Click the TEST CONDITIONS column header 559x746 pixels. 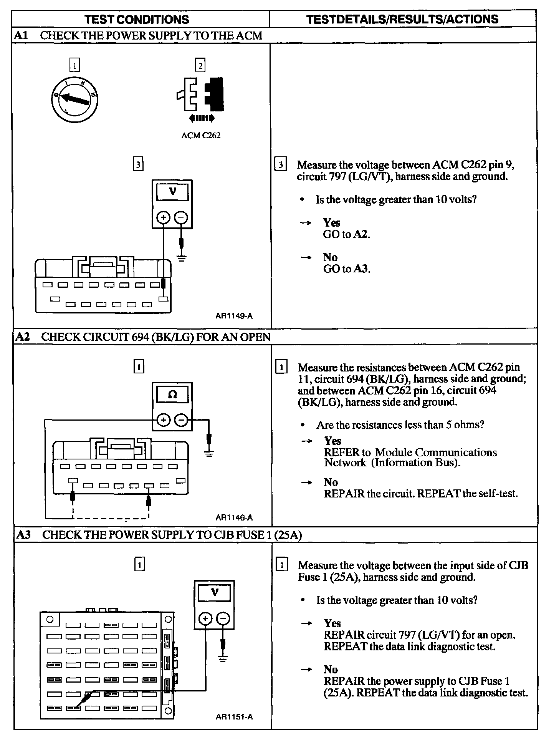click(x=137, y=19)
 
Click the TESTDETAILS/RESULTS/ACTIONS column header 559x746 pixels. click(x=402, y=19)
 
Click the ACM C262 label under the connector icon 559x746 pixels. click(x=201, y=135)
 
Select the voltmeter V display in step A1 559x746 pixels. click(x=172, y=191)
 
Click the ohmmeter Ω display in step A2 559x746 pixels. click(x=173, y=394)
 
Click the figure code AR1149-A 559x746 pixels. click(x=234, y=316)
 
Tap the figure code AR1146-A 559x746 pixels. click(x=234, y=517)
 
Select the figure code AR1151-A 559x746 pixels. click(x=234, y=716)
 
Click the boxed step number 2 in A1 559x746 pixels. click(x=200, y=65)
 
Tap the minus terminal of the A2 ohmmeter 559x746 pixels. click(x=181, y=420)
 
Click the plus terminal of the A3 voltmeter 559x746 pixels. click(x=205, y=618)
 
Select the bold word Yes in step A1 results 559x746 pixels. click(x=331, y=223)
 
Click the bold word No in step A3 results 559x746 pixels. click(x=331, y=669)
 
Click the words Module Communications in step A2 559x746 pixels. click(x=436, y=452)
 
